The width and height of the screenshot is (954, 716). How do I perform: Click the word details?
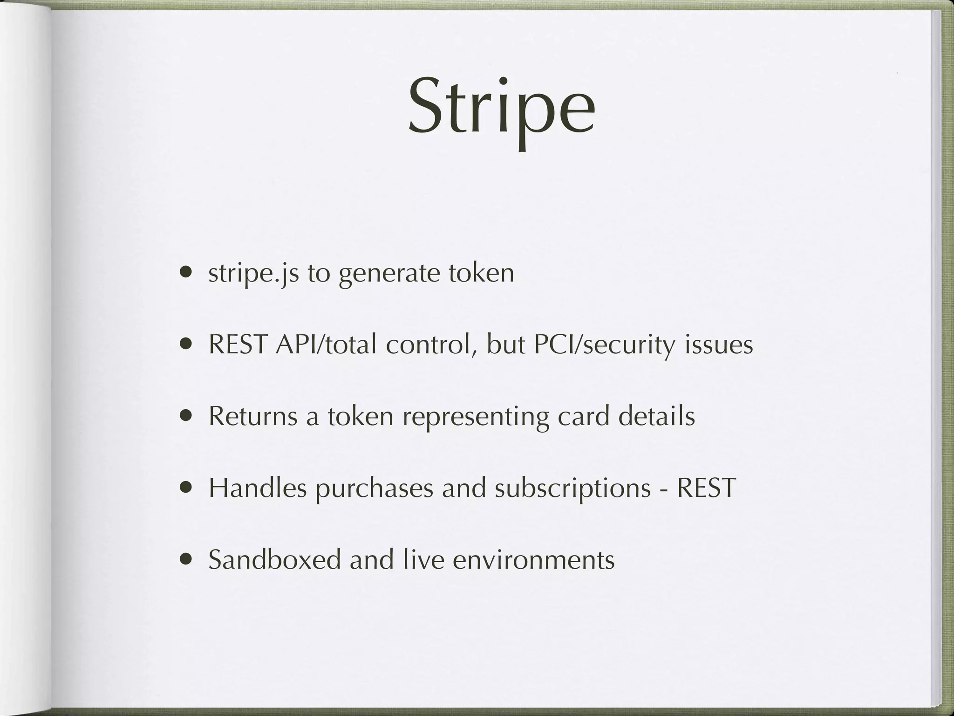pyautogui.click(x=656, y=416)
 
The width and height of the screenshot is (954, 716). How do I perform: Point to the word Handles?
pyautogui.click(x=257, y=488)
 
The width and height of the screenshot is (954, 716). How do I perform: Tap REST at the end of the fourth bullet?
pyautogui.click(x=706, y=488)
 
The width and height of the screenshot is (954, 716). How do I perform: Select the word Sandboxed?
pyautogui.click(x=275, y=559)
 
